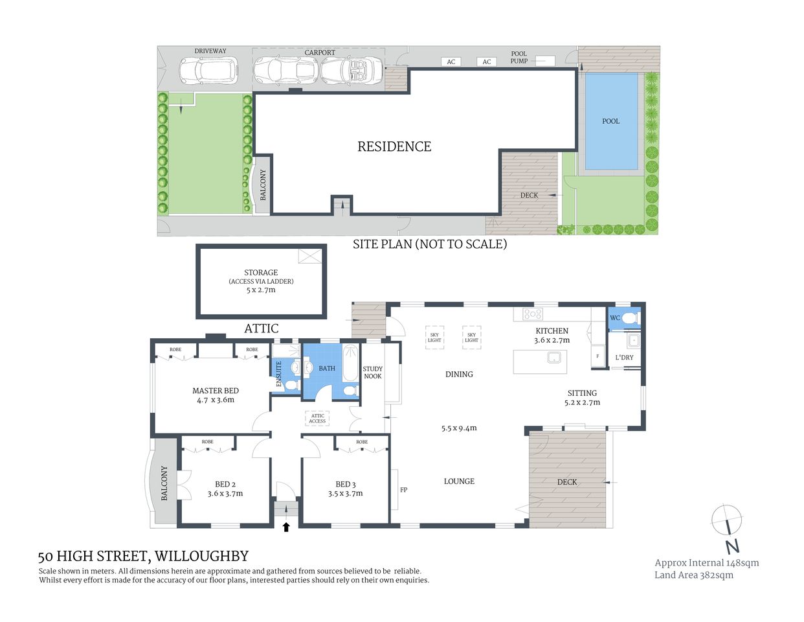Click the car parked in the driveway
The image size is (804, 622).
pyautogui.click(x=208, y=71)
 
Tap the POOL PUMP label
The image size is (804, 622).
pyautogui.click(x=519, y=58)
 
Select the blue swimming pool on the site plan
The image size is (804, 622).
pyautogui.click(x=611, y=121)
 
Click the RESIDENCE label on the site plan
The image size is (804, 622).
pyautogui.click(x=394, y=146)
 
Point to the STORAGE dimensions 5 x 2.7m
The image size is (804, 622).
pyautogui.click(x=261, y=290)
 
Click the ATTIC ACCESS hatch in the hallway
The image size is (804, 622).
pyautogui.click(x=317, y=419)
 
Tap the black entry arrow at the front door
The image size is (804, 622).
pyautogui.click(x=285, y=527)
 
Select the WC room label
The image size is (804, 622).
pyautogui.click(x=615, y=317)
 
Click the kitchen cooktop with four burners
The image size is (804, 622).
pyautogui.click(x=533, y=314)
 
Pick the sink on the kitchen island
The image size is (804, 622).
pyautogui.click(x=553, y=357)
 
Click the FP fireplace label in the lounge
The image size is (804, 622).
pyautogui.click(x=403, y=490)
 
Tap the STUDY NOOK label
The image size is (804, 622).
pyautogui.click(x=372, y=373)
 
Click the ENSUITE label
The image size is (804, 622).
pyautogui.click(x=279, y=374)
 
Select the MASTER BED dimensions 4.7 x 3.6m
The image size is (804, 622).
pyautogui.click(x=216, y=400)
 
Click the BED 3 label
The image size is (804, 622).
pyautogui.click(x=346, y=484)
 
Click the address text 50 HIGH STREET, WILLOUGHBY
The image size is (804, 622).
pyautogui.click(x=143, y=556)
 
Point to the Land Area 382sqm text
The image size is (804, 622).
pyautogui.click(x=694, y=575)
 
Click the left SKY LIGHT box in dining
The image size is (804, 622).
pyautogui.click(x=434, y=338)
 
